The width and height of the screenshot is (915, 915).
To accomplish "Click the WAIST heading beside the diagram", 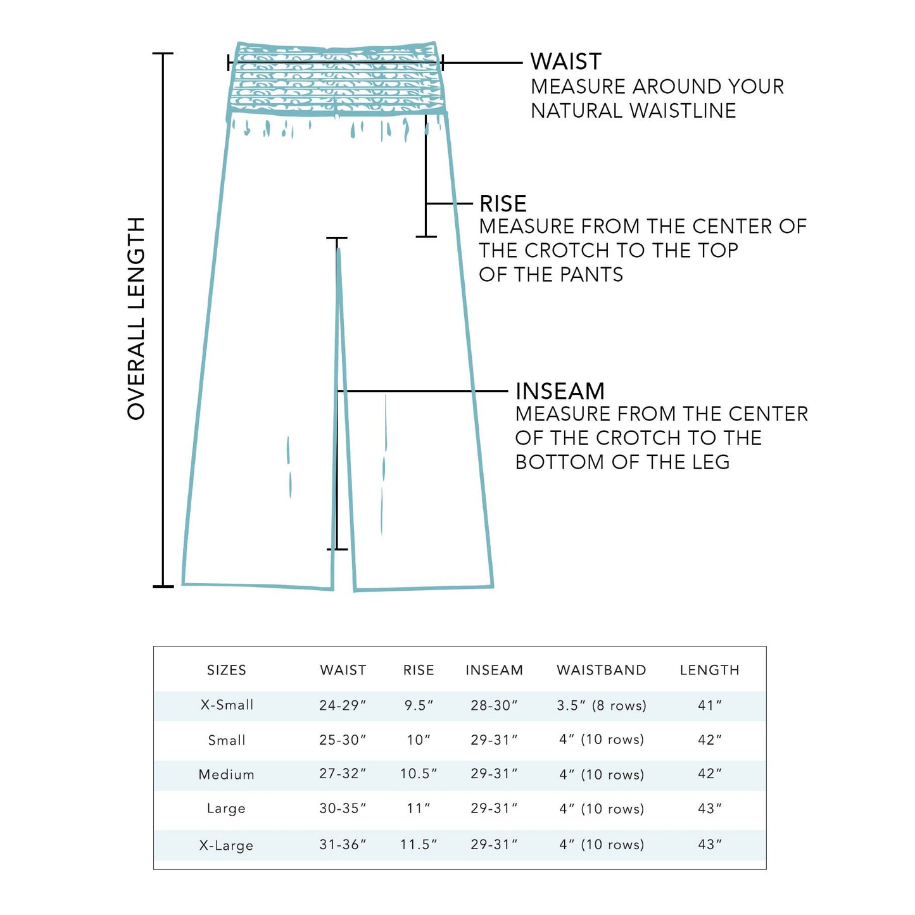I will tap(565, 61).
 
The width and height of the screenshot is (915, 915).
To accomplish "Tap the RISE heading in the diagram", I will tap(503, 204).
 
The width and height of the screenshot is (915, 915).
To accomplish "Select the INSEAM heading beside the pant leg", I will tap(560, 391).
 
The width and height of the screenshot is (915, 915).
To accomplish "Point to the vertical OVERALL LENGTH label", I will tap(137, 319).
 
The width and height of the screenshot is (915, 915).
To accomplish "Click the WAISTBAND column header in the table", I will tap(601, 670).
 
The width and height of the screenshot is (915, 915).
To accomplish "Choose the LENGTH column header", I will tap(709, 670).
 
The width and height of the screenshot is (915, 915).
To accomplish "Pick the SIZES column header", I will tap(226, 670).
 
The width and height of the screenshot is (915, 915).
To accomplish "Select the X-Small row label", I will tap(227, 705).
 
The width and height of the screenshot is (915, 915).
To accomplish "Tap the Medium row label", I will tap(226, 774).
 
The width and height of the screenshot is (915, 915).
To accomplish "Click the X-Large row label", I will tap(226, 845).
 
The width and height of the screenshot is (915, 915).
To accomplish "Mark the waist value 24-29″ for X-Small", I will tap(343, 705).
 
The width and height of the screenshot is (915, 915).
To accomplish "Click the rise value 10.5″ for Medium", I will tap(419, 774).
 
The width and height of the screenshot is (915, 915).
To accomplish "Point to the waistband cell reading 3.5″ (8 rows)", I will tap(602, 705).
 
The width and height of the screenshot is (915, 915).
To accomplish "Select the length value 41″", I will tap(710, 705).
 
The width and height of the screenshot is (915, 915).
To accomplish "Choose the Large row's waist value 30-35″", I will tap(343, 809).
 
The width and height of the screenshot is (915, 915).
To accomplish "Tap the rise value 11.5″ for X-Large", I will tap(419, 845).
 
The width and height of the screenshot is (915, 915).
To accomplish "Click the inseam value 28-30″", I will tap(494, 705).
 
